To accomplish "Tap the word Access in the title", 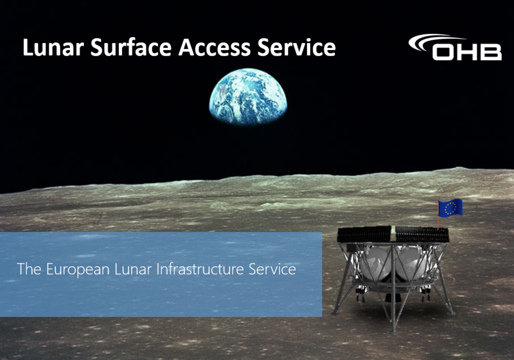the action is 214,47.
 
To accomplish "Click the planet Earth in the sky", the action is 248,96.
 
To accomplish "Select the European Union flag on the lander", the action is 450,208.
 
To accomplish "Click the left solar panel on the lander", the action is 364,234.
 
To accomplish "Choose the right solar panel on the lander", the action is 422,234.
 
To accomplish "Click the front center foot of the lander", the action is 394,332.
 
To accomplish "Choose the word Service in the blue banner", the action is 272,269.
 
